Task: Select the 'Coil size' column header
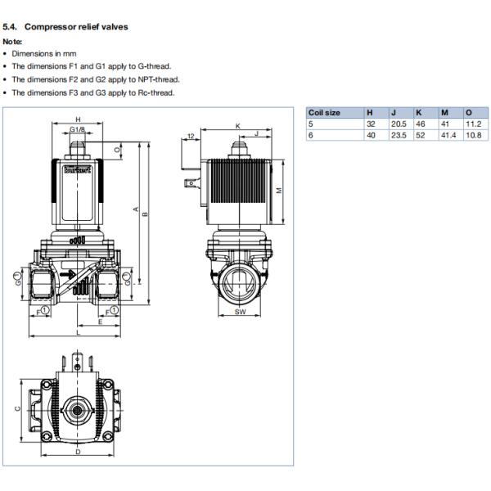point(323,112)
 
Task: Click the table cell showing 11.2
point(471,124)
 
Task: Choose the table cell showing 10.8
point(471,134)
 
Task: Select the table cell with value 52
point(420,134)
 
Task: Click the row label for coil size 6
point(310,134)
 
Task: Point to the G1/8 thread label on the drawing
point(78,130)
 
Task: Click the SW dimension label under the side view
point(240,313)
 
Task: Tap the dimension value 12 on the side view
point(190,135)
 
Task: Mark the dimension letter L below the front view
point(78,333)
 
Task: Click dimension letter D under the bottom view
point(78,451)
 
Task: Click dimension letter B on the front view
point(145,214)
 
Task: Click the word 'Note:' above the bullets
point(13,41)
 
